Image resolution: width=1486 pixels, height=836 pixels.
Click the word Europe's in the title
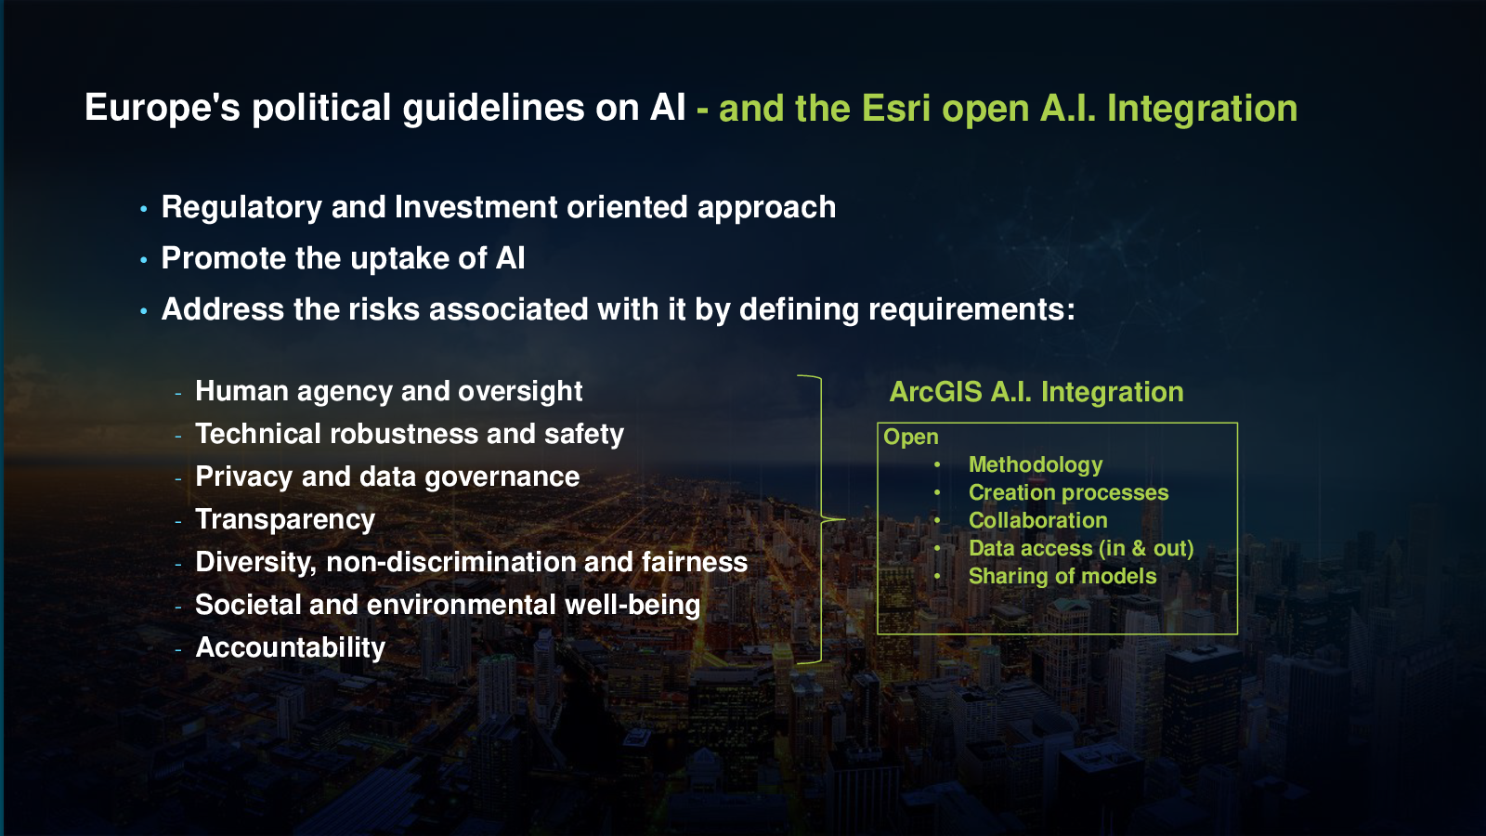[163, 108]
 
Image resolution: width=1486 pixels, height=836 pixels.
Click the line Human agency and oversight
[389, 391]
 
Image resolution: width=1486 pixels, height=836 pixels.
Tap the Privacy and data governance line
[387, 477]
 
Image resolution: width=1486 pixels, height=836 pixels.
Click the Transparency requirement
[285, 519]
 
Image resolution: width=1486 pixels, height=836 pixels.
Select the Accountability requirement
[290, 647]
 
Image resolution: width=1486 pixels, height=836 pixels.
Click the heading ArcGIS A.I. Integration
[1036, 392]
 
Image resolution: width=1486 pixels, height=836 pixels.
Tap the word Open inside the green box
[911, 438]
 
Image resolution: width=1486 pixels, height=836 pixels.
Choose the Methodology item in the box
[1036, 465]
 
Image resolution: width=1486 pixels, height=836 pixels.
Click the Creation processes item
[1068, 493]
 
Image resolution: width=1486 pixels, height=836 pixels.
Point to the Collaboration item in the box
[1037, 520]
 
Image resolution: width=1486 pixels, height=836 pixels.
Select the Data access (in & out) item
[1081, 549]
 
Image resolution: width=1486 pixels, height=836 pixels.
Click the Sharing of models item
[1062, 576]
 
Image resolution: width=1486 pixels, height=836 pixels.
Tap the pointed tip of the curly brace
[845, 519]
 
